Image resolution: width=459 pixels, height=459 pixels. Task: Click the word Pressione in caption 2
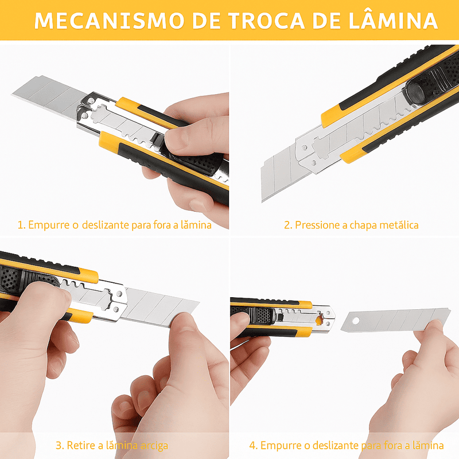pyautogui.click(x=318, y=225)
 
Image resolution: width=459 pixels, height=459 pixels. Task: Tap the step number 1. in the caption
pyautogui.click(x=21, y=225)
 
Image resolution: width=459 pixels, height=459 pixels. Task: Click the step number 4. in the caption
pyautogui.click(x=253, y=445)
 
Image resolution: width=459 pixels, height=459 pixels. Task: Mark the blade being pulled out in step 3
pyautogui.click(x=161, y=307)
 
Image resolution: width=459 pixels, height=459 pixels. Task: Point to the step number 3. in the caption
pyautogui.click(x=59, y=445)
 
